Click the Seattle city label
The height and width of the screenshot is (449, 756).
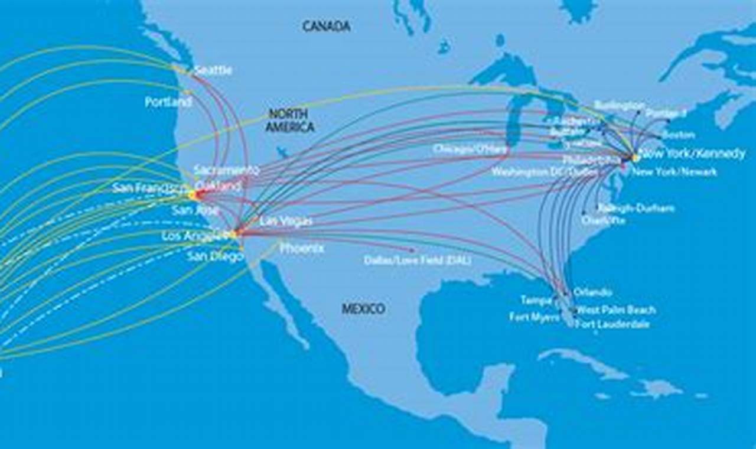[213, 70]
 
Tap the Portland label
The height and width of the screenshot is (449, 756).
[168, 102]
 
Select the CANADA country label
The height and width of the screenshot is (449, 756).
[327, 26]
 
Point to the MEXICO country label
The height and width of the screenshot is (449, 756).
[363, 308]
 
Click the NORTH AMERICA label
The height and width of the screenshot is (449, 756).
[289, 121]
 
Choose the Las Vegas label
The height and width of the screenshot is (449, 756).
[286, 221]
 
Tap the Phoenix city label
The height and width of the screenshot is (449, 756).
[302, 249]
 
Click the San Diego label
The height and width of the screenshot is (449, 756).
[215, 256]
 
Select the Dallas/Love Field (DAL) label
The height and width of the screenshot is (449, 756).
[418, 260]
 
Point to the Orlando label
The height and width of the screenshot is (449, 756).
[592, 292]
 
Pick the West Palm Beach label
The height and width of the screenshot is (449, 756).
[615, 310]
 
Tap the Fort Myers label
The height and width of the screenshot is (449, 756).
[534, 317]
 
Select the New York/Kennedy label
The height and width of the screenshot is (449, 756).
[693, 154]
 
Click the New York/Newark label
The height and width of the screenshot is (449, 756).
[674, 172]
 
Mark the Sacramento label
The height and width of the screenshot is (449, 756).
[226, 170]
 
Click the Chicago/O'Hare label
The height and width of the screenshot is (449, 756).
[470, 149]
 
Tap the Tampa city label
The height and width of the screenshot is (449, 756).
[536, 300]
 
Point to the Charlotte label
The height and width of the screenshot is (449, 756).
[603, 220]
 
